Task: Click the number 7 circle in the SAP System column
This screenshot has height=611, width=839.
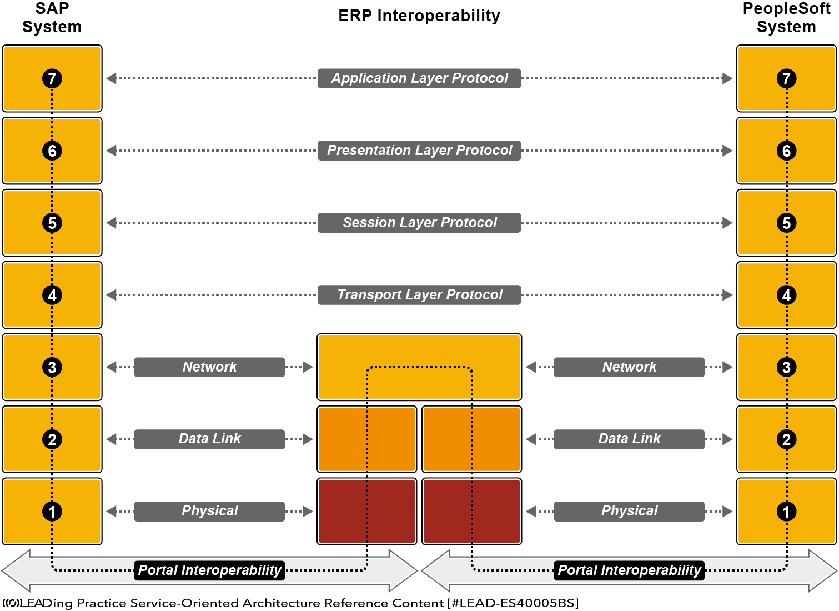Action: pyautogui.click(x=52, y=78)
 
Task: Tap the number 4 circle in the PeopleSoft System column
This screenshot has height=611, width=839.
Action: pyautogui.click(x=786, y=295)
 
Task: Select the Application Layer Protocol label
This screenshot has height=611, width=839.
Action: pyautogui.click(x=419, y=78)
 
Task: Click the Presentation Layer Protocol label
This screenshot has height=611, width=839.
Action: pyautogui.click(x=419, y=151)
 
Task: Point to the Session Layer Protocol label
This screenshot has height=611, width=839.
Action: pyautogui.click(x=419, y=223)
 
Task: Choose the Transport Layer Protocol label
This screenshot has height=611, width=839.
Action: pyautogui.click(x=419, y=295)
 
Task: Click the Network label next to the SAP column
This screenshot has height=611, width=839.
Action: pyautogui.click(x=209, y=367)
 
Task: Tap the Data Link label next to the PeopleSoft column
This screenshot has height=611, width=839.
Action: pyautogui.click(x=629, y=439)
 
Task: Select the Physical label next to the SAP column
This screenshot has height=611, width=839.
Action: pyautogui.click(x=209, y=512)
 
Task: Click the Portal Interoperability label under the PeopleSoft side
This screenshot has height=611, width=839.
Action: pyautogui.click(x=629, y=570)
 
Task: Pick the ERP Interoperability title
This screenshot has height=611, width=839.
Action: pyautogui.click(x=419, y=16)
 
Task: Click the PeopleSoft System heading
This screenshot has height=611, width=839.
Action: pyautogui.click(x=786, y=18)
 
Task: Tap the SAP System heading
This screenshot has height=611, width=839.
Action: pyautogui.click(x=52, y=18)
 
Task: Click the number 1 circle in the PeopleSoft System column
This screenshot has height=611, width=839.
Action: pyautogui.click(x=786, y=512)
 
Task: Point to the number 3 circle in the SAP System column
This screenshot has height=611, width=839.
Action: pyautogui.click(x=52, y=367)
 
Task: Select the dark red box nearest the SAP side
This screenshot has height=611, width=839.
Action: pyautogui.click(x=366, y=512)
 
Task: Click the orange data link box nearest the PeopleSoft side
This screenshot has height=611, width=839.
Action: pyautogui.click(x=471, y=439)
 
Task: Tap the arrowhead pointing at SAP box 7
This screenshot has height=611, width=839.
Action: pyautogui.click(x=111, y=78)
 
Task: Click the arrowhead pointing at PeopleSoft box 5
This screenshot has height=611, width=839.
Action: pyautogui.click(x=727, y=223)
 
